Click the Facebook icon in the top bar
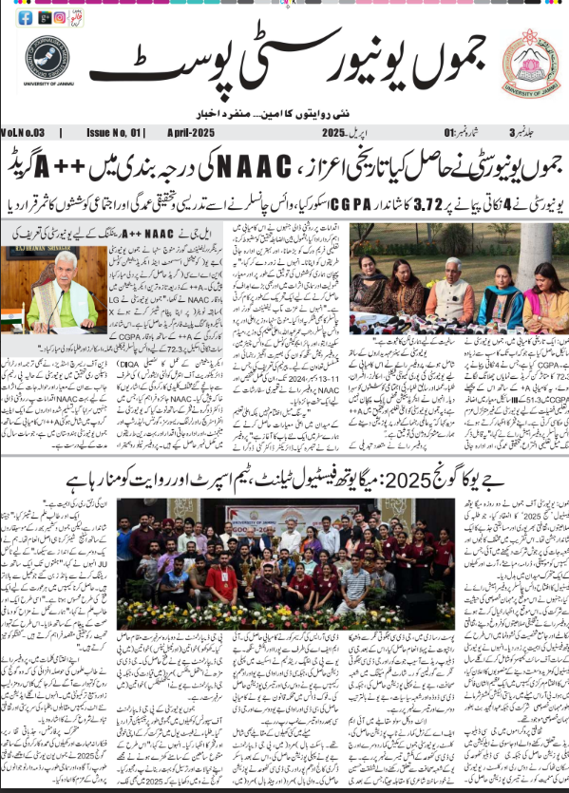click(x=26, y=17)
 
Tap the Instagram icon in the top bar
click(x=60, y=17)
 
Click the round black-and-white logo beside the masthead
click(x=47, y=60)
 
